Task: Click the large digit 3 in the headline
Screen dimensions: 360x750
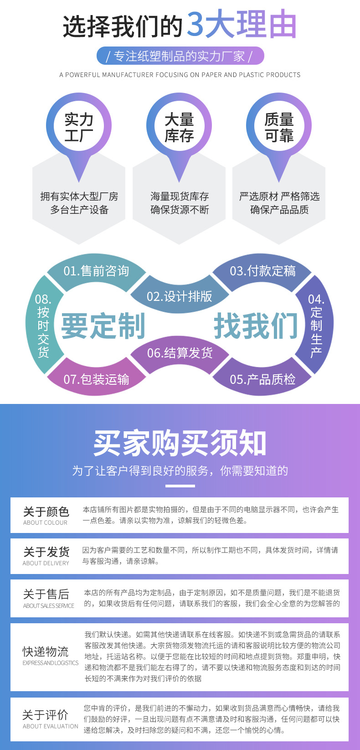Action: click(195, 25)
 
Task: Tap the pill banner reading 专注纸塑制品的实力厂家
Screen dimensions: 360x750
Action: click(180, 56)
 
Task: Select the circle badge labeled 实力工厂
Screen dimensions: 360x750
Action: click(79, 127)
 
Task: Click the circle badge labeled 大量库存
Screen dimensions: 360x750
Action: click(179, 127)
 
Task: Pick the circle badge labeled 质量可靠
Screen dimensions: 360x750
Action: click(279, 127)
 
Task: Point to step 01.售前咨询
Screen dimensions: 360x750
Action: click(96, 271)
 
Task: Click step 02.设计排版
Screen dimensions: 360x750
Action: click(180, 296)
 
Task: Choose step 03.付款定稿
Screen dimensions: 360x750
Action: click(262, 271)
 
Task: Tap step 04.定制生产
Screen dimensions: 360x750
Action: click(316, 325)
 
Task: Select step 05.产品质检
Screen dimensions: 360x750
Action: click(262, 379)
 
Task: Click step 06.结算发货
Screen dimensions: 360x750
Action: click(180, 353)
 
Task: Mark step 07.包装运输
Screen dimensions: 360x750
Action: click(96, 379)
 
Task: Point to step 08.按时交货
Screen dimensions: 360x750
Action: click(43, 325)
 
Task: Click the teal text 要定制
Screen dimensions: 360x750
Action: click(103, 326)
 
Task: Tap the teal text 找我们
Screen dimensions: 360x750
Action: click(256, 326)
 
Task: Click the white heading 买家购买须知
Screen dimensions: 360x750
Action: click(180, 443)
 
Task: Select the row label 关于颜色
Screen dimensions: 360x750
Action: click(46, 512)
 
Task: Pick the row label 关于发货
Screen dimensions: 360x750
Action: click(46, 552)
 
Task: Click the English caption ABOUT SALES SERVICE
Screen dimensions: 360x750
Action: click(48, 606)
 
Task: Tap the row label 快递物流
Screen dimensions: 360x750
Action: click(46, 652)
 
